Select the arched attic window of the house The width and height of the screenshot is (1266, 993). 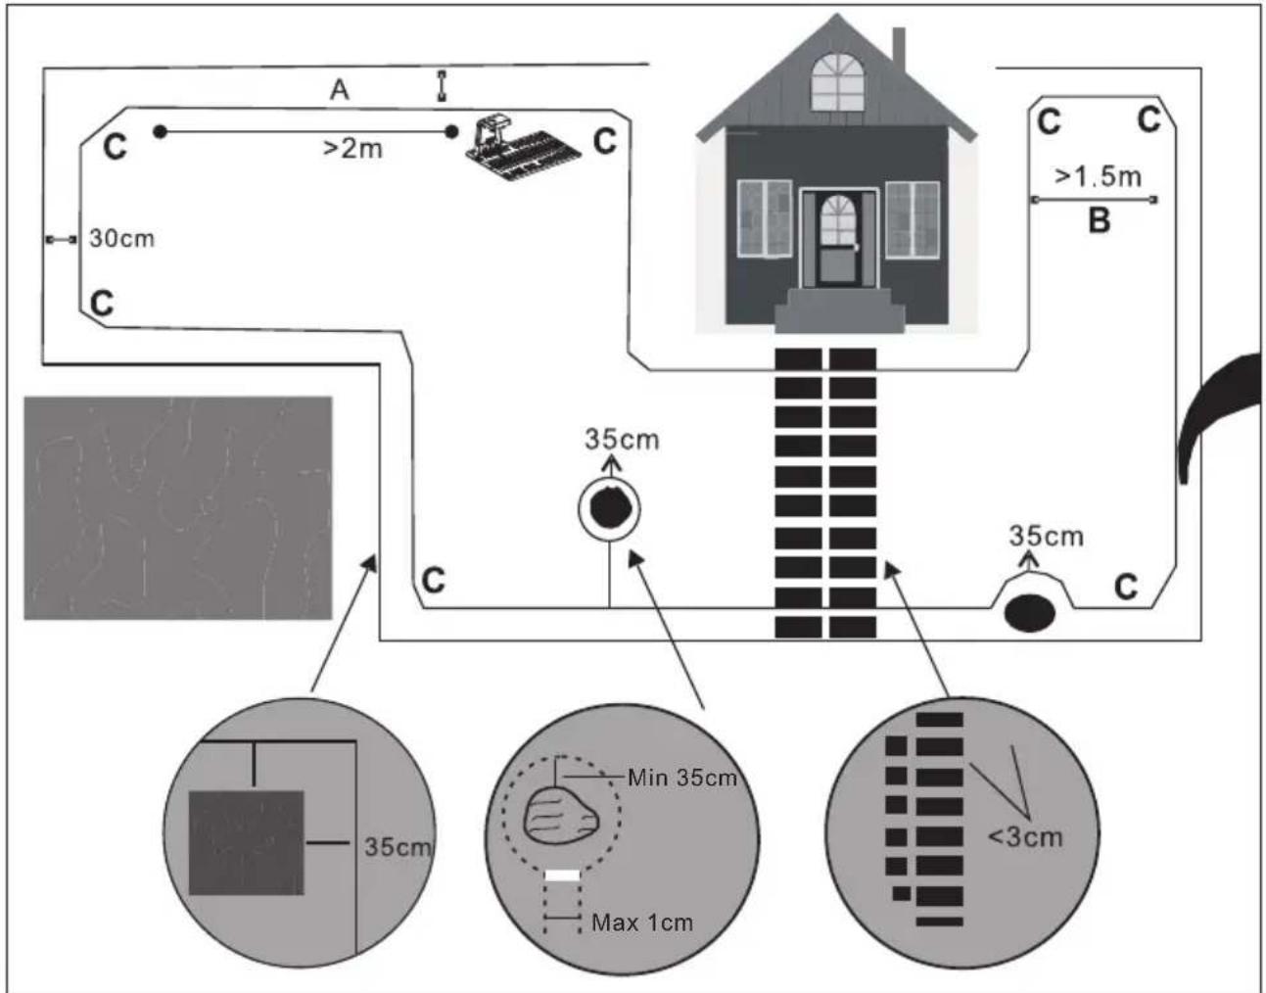tap(838, 82)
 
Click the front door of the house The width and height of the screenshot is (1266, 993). tap(838, 240)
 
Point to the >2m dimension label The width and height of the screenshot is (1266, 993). tap(353, 149)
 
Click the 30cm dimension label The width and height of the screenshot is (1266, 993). tap(121, 239)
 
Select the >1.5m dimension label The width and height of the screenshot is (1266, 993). tap(1098, 176)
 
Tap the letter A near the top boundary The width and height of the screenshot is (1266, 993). tap(340, 90)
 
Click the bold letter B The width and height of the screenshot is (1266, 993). tap(1100, 221)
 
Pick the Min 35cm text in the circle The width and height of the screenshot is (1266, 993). tap(682, 778)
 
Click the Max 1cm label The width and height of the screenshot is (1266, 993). tap(642, 922)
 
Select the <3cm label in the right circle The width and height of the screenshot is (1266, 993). tap(1026, 838)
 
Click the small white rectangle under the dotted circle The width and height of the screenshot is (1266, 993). tap(562, 875)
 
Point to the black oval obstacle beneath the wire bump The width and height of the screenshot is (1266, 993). tap(1029, 613)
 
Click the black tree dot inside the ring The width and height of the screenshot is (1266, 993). tap(610, 507)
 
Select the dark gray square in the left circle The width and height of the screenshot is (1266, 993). tap(247, 842)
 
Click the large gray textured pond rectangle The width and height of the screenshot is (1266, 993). tap(177, 508)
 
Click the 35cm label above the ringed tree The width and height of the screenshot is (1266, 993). tap(622, 440)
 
